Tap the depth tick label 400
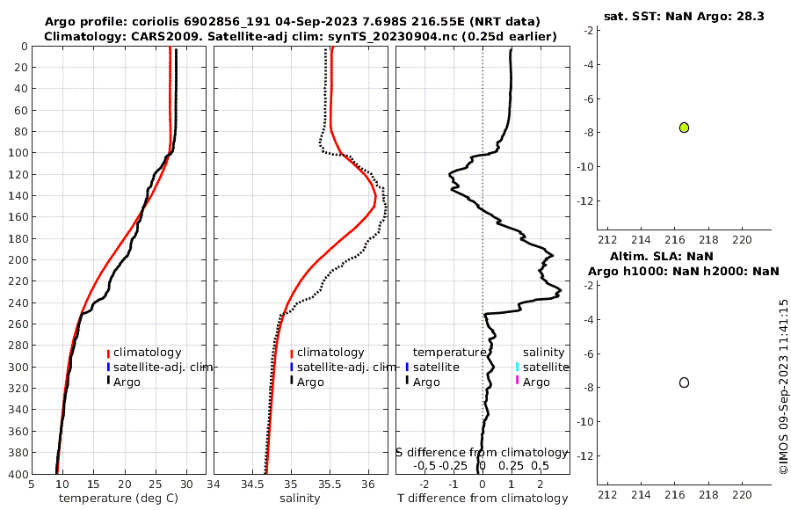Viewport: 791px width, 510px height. coord(16,475)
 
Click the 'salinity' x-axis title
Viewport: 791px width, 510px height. coord(300,499)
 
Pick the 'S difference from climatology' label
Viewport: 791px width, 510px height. coord(482,452)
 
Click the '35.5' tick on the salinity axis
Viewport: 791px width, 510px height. coord(330,484)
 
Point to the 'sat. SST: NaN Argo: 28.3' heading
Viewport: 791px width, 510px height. coord(684,16)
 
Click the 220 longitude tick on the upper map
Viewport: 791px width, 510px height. coord(743,239)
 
